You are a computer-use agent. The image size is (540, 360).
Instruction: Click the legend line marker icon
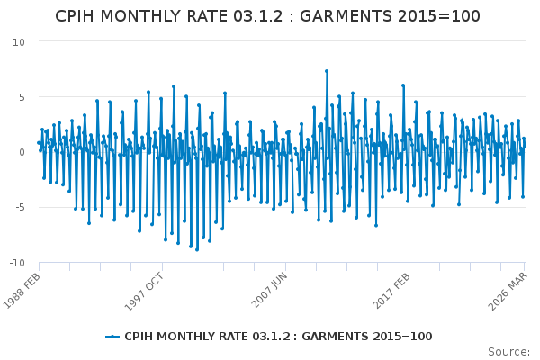112,337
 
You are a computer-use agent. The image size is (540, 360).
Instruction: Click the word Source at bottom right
508,352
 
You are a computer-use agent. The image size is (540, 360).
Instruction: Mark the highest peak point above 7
327,71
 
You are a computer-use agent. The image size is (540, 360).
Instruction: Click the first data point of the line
38,142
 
